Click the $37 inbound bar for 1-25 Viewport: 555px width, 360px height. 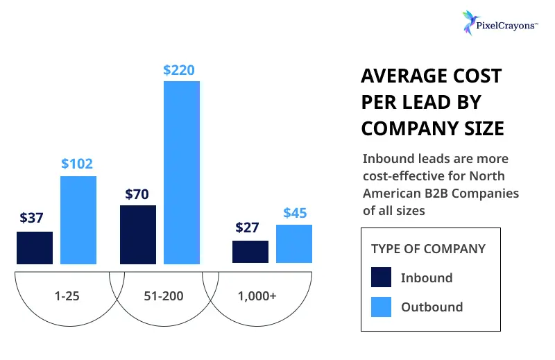point(35,248)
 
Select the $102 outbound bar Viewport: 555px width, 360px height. point(78,220)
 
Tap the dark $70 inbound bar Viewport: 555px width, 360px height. point(138,234)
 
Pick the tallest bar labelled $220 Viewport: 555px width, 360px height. point(182,173)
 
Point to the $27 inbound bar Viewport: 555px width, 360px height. point(250,252)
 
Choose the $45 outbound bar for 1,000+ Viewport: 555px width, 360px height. point(294,244)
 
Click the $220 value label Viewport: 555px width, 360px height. point(179,70)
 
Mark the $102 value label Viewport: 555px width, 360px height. point(76,164)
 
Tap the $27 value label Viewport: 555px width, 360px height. point(248,228)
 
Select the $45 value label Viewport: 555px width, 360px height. point(295,213)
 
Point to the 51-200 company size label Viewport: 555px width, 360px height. point(164,296)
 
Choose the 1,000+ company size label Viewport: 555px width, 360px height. point(257,296)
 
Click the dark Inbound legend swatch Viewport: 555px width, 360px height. point(382,277)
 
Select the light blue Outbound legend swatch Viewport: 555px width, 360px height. point(382,307)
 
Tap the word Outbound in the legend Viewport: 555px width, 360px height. point(432,307)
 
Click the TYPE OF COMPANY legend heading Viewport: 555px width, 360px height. point(428,249)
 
